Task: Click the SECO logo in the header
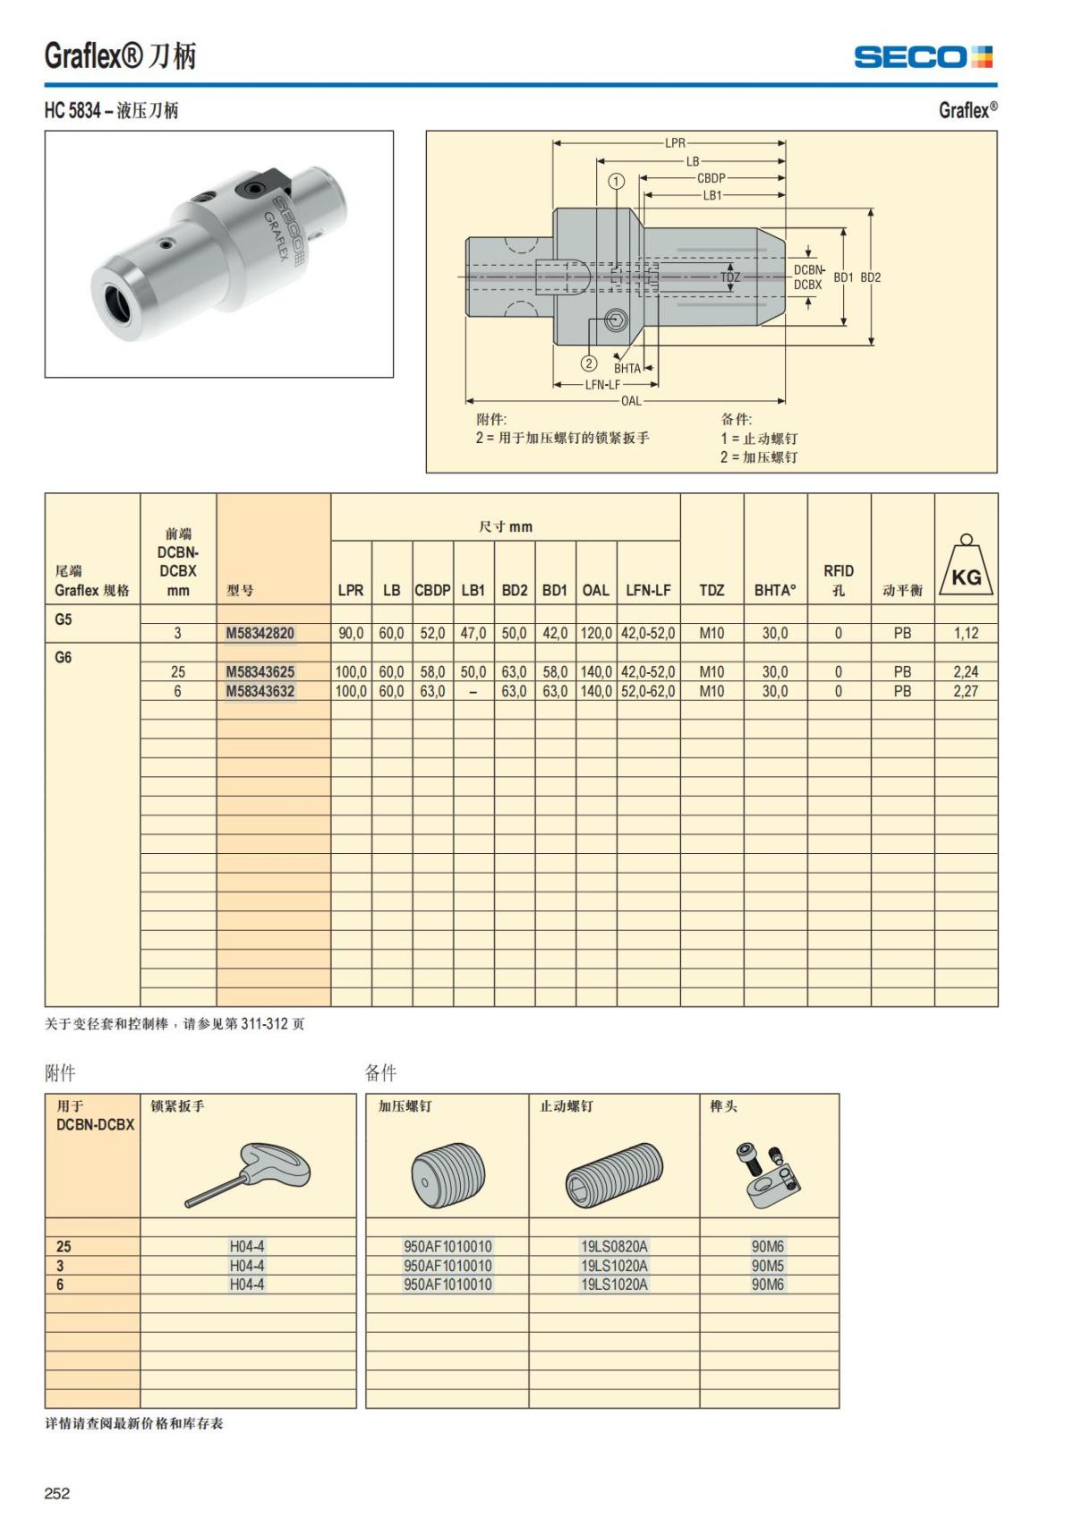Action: click(x=923, y=57)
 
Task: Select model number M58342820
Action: click(x=260, y=633)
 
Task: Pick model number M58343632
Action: click(x=260, y=691)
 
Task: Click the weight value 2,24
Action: click(x=966, y=671)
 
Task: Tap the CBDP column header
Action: click(x=432, y=591)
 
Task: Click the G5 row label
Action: click(x=64, y=619)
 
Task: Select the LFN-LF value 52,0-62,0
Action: click(x=648, y=691)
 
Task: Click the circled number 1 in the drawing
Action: click(x=616, y=181)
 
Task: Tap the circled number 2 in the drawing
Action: click(x=589, y=363)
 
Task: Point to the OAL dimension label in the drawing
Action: click(x=631, y=401)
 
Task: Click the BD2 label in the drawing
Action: click(x=871, y=277)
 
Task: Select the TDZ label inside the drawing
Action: click(x=730, y=277)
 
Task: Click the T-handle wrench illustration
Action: click(x=249, y=1173)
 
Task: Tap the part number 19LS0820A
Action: click(x=614, y=1246)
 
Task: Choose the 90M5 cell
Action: click(x=768, y=1266)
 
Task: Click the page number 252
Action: click(x=57, y=1493)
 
